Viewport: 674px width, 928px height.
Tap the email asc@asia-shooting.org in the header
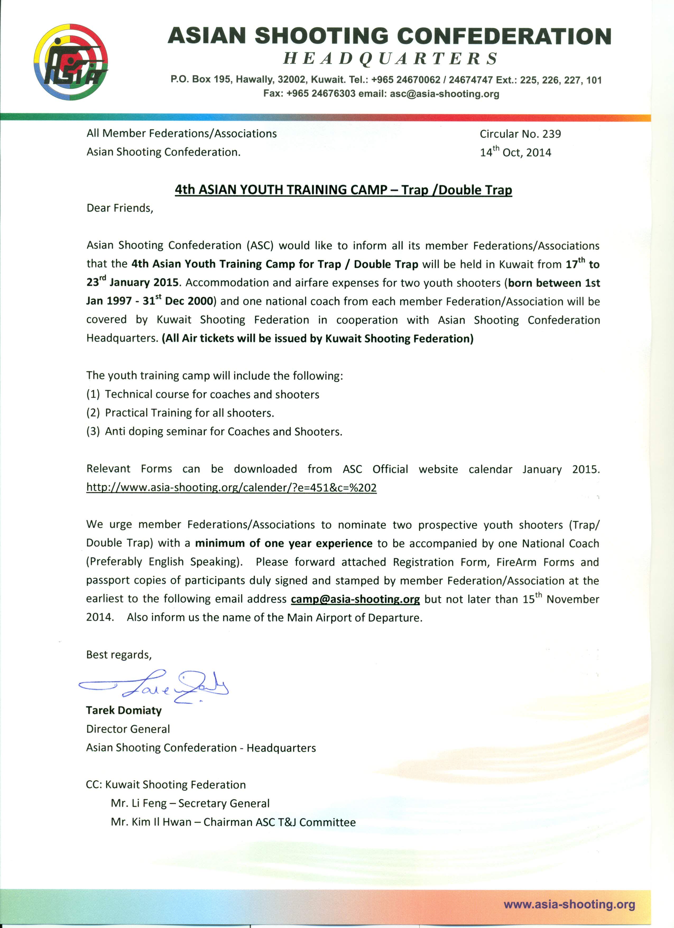point(444,94)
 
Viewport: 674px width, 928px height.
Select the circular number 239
point(551,134)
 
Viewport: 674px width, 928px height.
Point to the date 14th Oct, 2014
point(515,152)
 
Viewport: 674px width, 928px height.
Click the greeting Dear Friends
point(119,208)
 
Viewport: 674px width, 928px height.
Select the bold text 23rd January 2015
point(132,282)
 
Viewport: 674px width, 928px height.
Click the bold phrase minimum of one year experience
point(283,543)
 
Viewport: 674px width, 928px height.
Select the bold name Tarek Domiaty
point(123,710)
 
